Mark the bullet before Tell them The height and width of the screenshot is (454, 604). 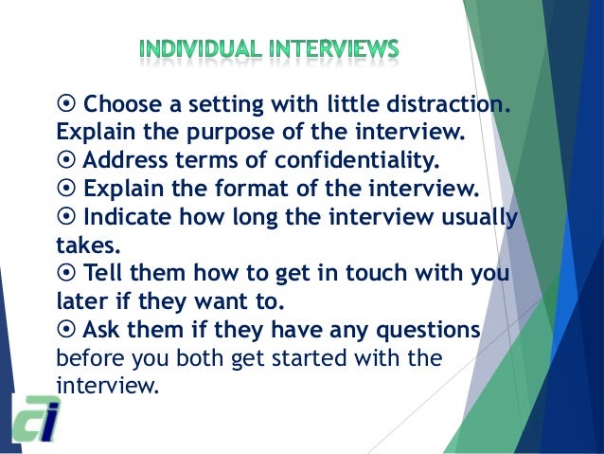66,275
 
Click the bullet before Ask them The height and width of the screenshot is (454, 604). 66,330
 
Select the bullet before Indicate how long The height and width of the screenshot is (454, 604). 66,218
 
